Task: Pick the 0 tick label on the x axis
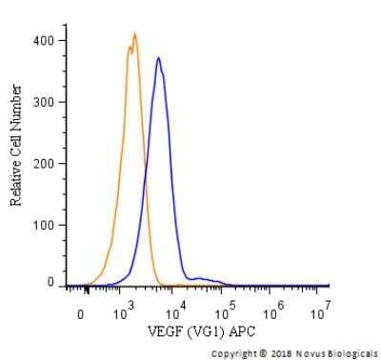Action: (x=82, y=313)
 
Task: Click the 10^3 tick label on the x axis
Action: (x=125, y=311)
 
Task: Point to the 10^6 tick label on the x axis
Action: (x=274, y=311)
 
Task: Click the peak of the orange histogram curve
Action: (x=134, y=34)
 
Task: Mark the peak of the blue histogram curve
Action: (x=158, y=58)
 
